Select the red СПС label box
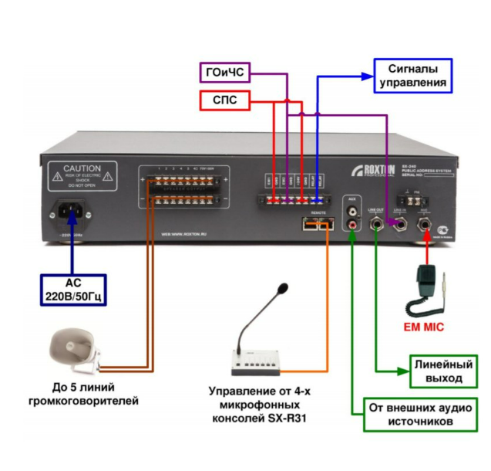(x=224, y=100)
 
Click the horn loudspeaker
(x=72, y=348)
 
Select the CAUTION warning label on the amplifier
(x=82, y=177)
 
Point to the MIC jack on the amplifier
(x=424, y=225)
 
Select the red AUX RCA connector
(x=353, y=226)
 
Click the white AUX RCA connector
(x=353, y=210)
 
